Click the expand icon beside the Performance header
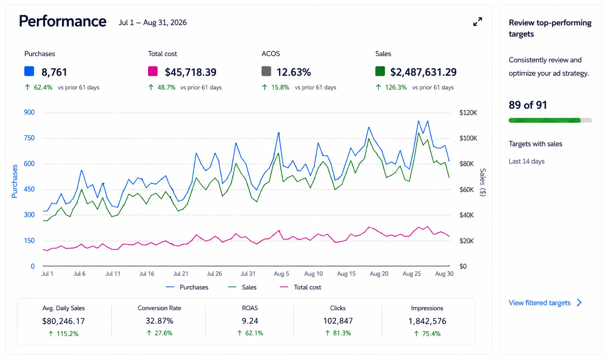coord(478,22)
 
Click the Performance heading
coord(63,21)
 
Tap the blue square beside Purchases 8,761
coord(29,71)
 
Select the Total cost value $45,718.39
coord(191,72)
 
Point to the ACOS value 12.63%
coord(293,72)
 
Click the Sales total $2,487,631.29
coord(423,72)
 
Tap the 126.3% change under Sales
coord(396,87)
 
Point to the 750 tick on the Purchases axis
coord(29,138)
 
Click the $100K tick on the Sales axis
coord(468,138)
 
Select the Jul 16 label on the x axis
coord(147,274)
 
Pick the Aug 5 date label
coord(281,274)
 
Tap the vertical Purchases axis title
coord(15,181)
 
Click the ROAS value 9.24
coord(250,321)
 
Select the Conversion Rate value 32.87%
coord(159,321)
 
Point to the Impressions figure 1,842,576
coord(427,321)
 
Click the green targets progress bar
coord(545,120)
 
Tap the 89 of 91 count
coord(528,105)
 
